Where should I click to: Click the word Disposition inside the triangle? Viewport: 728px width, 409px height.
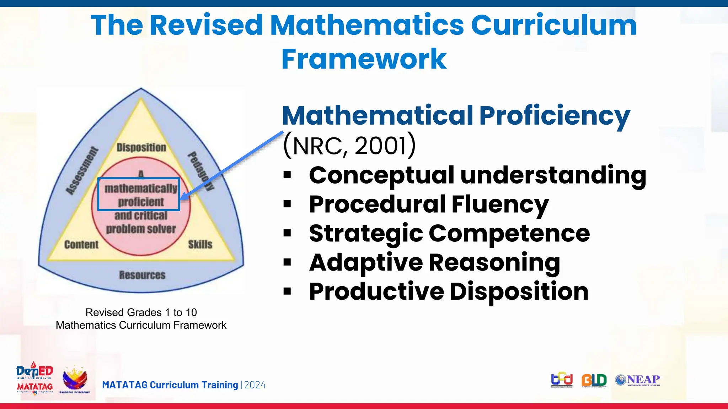[141, 147]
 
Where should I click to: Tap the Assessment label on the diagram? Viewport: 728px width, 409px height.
[82, 171]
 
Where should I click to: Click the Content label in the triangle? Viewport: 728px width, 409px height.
[81, 245]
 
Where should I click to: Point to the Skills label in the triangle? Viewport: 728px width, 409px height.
[200, 245]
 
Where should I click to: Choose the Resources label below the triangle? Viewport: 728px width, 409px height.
[142, 275]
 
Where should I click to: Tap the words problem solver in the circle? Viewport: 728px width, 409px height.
[141, 229]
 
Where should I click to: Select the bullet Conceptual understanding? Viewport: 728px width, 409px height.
[477, 175]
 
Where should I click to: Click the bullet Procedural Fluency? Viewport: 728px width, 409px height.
[429, 204]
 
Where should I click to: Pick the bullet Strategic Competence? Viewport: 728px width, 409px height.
[449, 234]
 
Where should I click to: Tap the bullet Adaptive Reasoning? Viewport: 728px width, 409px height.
[434, 263]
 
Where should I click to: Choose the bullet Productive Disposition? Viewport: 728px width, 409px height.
[449, 292]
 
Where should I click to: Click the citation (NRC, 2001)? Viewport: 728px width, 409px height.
[349, 146]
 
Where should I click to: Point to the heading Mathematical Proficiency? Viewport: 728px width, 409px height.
[456, 116]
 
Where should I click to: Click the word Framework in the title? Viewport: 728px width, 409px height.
[364, 59]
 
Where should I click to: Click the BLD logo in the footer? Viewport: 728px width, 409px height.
[594, 381]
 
